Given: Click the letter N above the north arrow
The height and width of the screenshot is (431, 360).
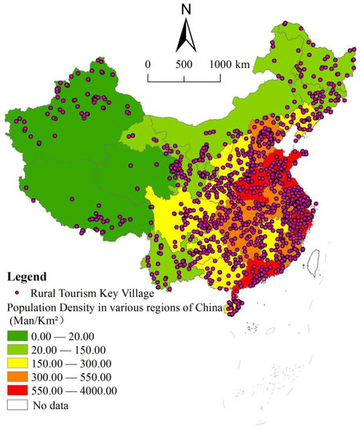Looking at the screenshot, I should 186,10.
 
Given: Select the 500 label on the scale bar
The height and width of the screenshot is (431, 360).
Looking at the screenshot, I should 184,64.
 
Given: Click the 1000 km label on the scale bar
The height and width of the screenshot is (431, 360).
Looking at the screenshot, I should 229,64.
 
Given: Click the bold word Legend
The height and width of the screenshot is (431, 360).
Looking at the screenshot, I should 29,277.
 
